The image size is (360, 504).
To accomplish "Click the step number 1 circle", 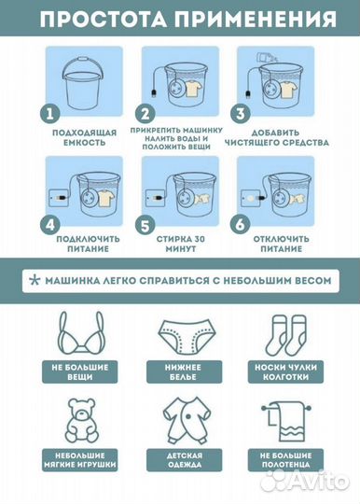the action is pyautogui.click(x=49, y=114).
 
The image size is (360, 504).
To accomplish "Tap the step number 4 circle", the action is pyautogui.click(x=49, y=225).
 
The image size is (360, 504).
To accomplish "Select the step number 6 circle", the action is pyautogui.click(x=240, y=225).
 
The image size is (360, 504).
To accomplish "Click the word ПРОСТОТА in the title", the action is pyautogui.click(x=104, y=19).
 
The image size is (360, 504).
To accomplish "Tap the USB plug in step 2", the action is pyautogui.click(x=154, y=93).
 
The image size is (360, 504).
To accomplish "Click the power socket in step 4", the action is pyautogui.click(x=58, y=198).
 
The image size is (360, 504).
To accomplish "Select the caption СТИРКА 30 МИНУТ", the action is pyautogui.click(x=181, y=244).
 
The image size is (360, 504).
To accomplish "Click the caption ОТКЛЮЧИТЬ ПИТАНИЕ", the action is pyautogui.click(x=281, y=244).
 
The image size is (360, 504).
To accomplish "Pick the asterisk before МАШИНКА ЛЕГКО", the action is pyautogui.click(x=34, y=280).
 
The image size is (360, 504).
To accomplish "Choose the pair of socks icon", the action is pyautogui.click(x=285, y=335).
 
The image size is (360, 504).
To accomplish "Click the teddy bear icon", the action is pyautogui.click(x=81, y=421).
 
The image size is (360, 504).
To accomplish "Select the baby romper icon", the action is pyautogui.click(x=186, y=421).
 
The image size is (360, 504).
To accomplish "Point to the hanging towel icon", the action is pyautogui.click(x=285, y=422).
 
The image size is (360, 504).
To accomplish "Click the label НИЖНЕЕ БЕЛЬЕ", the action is pyautogui.click(x=184, y=371).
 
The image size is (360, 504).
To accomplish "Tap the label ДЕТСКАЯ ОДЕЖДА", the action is pyautogui.click(x=185, y=460).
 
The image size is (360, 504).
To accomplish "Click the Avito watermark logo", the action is pyautogui.click(x=304, y=482).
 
